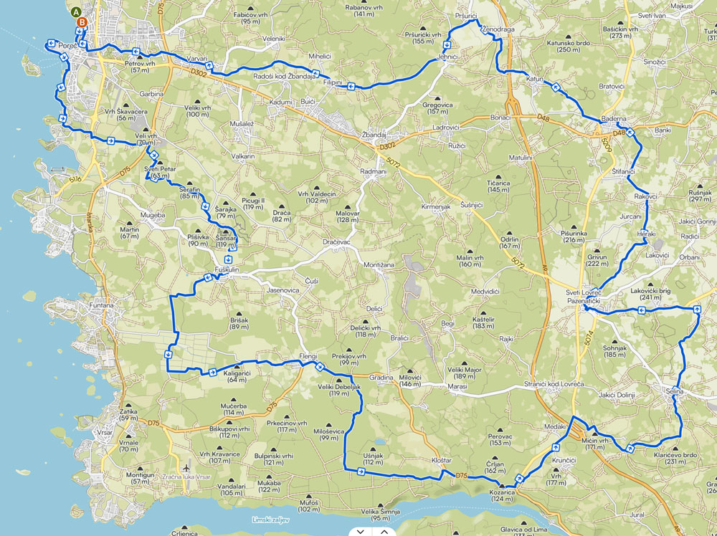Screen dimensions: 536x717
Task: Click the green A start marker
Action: tap(77, 11)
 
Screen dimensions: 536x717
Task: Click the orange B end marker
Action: tap(83, 22)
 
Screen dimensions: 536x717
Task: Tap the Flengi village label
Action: tap(307, 357)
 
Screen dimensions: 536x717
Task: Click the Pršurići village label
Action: tap(466, 15)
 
